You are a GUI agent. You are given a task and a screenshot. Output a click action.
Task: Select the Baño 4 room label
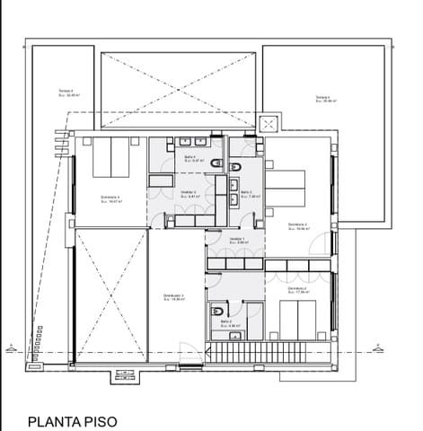(x=189, y=157)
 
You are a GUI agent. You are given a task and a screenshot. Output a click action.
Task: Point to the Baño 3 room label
(x=246, y=193)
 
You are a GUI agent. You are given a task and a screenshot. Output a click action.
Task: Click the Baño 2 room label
(x=227, y=321)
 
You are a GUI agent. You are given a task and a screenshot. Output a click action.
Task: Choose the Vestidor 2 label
(x=188, y=193)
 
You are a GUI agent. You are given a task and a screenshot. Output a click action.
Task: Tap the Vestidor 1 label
(x=238, y=240)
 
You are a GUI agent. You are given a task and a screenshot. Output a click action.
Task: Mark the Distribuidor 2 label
(x=173, y=297)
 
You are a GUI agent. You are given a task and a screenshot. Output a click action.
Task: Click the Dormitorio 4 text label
(x=110, y=198)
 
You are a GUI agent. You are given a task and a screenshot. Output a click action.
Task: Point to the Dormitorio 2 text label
(x=299, y=289)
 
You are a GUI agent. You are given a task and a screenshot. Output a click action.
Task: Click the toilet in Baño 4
(x=216, y=163)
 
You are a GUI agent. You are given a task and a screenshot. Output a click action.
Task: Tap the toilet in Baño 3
(x=234, y=167)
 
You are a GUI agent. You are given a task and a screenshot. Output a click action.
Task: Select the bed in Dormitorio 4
(x=110, y=157)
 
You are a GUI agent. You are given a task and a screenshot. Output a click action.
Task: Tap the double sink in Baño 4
(x=190, y=142)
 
